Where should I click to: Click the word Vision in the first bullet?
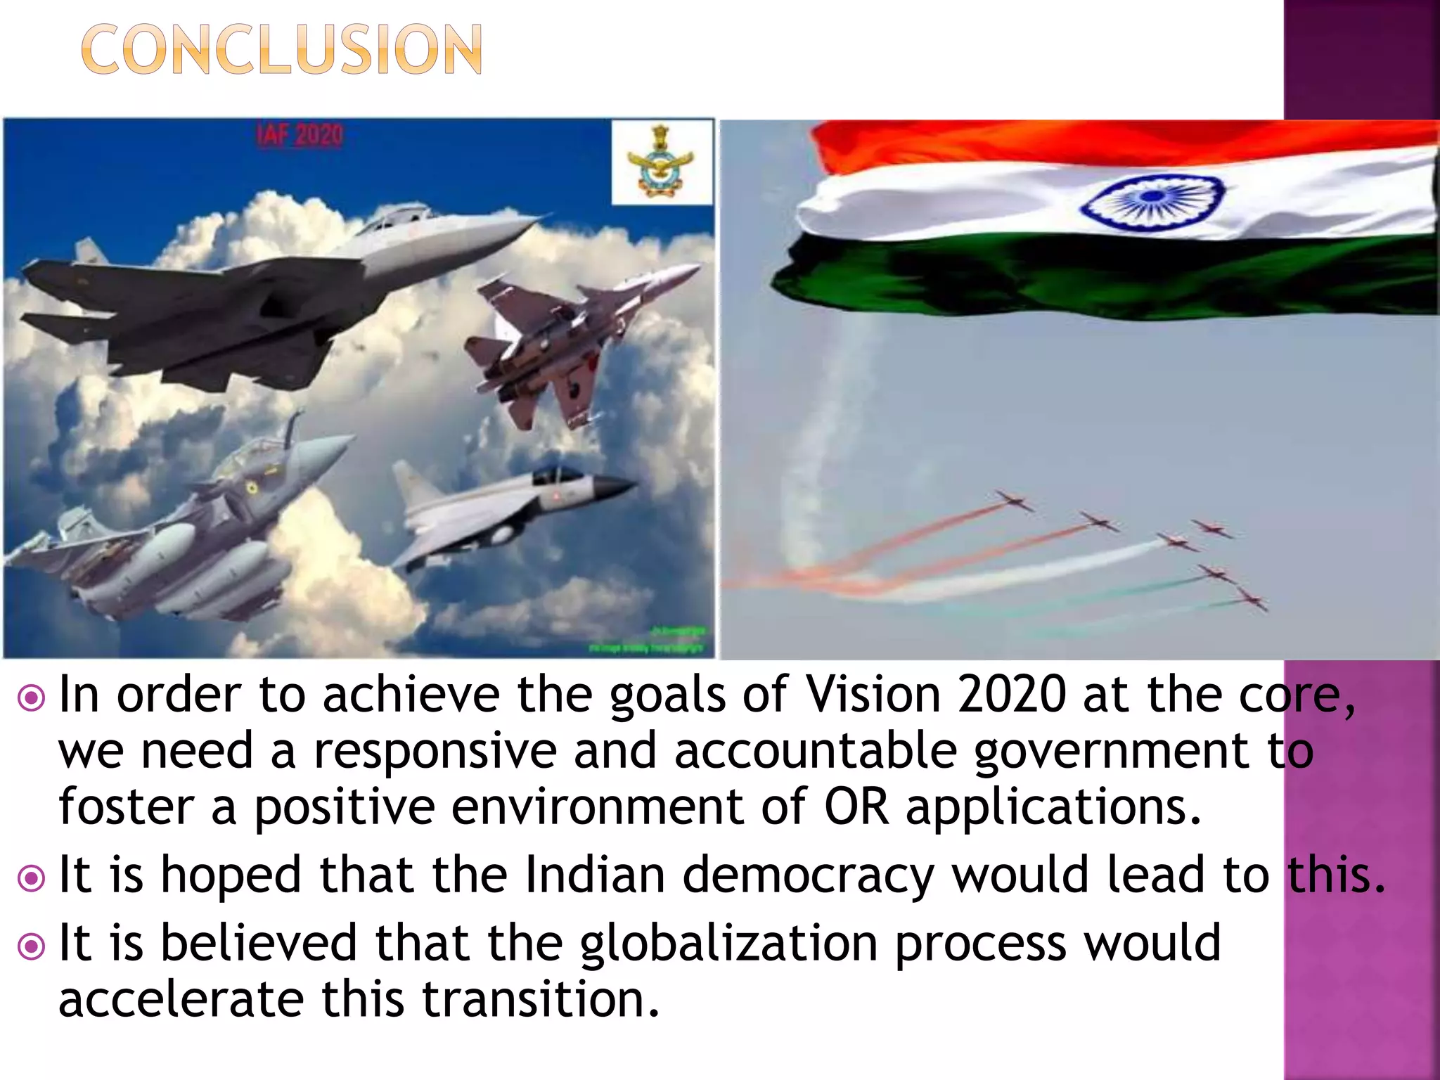[x=873, y=695]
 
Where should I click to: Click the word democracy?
[x=808, y=876]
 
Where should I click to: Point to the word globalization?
[x=728, y=944]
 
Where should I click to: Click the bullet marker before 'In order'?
[x=32, y=698]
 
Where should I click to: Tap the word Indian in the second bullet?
[x=595, y=875]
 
